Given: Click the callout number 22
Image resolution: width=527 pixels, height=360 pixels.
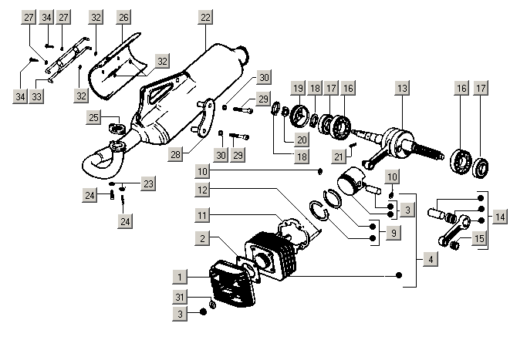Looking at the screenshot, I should pos(204,17).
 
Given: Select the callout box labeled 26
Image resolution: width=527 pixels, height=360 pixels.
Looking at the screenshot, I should pos(124,17).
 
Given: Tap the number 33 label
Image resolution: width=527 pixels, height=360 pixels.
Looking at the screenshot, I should pos(36,95).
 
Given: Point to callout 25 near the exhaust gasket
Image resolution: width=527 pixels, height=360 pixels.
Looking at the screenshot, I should pos(94,117).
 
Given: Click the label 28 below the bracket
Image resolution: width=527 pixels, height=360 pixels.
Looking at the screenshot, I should pos(176,155).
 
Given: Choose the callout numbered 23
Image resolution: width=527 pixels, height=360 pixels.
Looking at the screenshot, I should pos(148,183).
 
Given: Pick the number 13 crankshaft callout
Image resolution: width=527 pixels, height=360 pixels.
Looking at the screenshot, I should pos(401,89).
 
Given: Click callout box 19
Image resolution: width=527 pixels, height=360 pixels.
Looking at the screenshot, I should pos(297,89).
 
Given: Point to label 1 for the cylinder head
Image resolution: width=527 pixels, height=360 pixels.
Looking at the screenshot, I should pos(179,275).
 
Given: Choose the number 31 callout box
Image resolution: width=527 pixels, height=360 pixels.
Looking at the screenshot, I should pos(179,298).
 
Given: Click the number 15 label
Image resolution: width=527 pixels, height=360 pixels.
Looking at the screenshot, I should pos(479,238).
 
